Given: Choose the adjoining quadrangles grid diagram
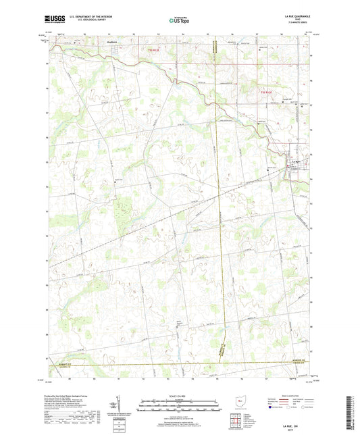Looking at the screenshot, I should (x=236, y=421).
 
